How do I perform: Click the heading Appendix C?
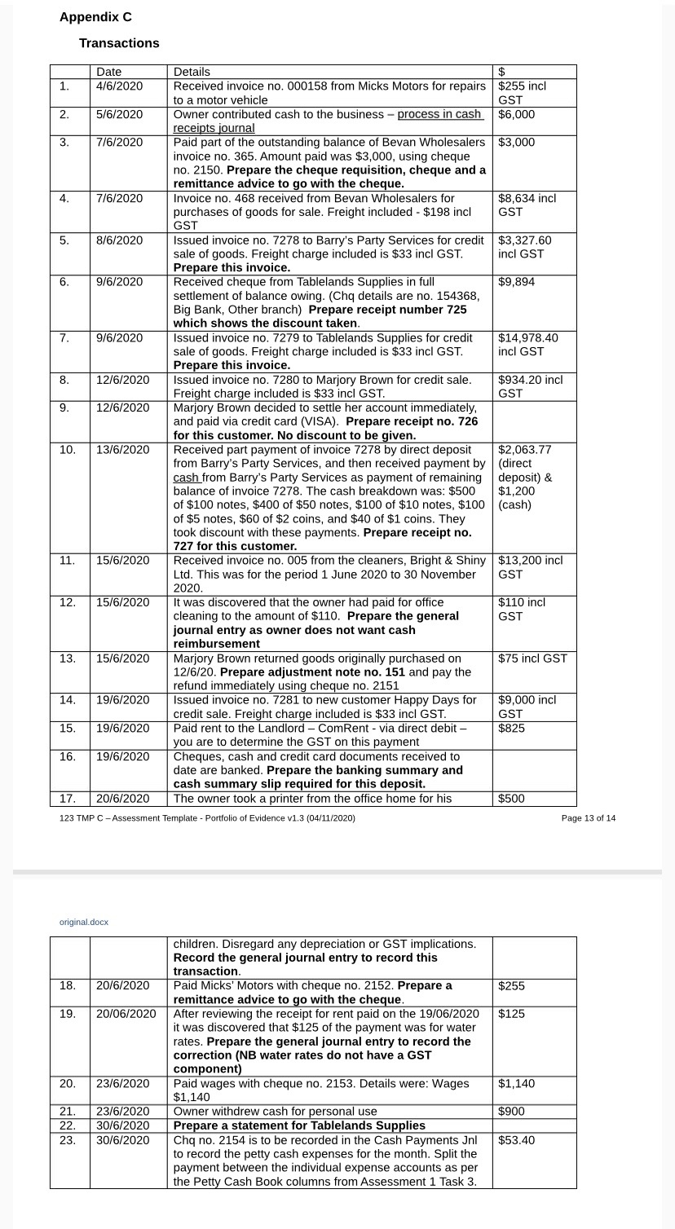click(x=95, y=17)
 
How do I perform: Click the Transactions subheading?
click(x=119, y=43)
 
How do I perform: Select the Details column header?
click(x=192, y=73)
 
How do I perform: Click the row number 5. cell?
click(x=64, y=240)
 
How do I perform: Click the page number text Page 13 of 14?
click(x=589, y=817)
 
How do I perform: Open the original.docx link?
click(x=83, y=922)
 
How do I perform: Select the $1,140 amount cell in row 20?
click(x=516, y=1083)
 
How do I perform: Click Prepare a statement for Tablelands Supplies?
click(x=299, y=1125)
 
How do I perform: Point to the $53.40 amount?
click(x=516, y=1139)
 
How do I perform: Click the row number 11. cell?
click(x=67, y=560)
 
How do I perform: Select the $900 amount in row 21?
click(x=511, y=1112)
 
